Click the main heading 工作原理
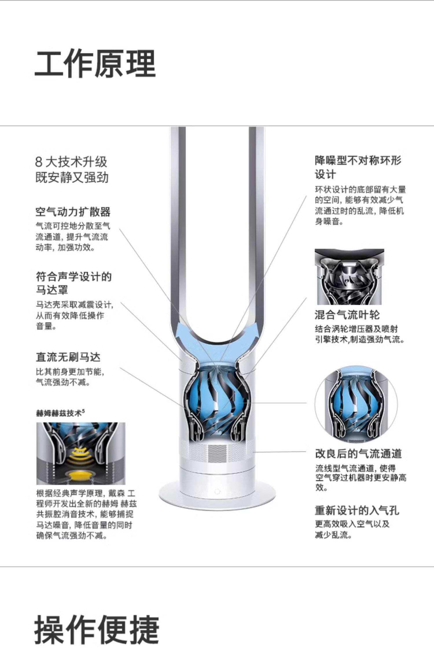(95, 64)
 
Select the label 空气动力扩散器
(73, 212)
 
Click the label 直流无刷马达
(68, 357)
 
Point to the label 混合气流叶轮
(347, 315)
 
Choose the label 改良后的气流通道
(358, 453)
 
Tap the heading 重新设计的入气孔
(357, 510)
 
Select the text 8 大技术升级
(71, 162)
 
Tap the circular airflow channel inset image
(356, 404)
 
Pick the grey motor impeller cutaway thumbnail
(349, 277)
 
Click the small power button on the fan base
(217, 492)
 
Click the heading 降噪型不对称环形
(358, 160)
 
